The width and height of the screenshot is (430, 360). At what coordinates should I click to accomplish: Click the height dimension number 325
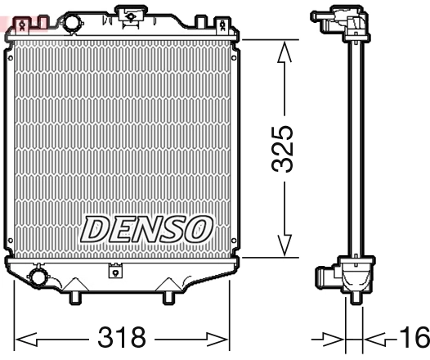click(284, 149)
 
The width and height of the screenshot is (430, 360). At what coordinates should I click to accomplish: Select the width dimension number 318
click(121, 336)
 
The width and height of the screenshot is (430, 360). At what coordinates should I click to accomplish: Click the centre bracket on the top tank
click(130, 13)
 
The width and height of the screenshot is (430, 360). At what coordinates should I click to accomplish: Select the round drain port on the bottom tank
click(38, 277)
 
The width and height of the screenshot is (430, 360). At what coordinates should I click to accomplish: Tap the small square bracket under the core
click(114, 268)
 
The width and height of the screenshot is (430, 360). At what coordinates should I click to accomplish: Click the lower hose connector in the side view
click(327, 278)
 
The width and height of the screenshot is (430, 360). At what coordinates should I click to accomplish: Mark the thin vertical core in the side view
click(356, 147)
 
